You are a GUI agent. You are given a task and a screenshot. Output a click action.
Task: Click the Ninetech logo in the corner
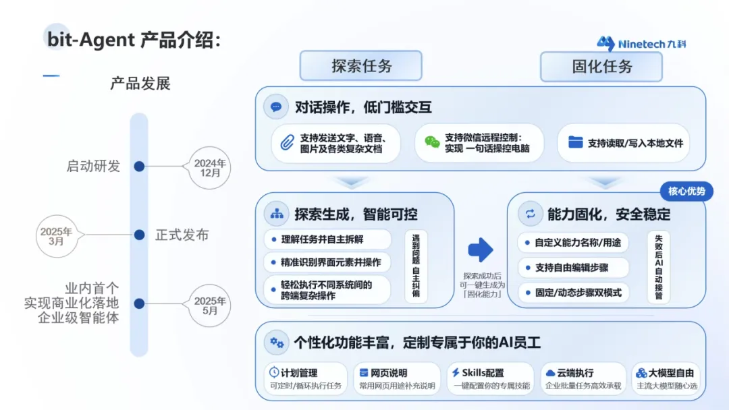641,44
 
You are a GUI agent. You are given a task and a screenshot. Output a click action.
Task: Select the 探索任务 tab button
361,66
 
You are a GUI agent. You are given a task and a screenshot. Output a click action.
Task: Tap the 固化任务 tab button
601,66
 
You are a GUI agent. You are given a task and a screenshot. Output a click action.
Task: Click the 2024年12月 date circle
210,167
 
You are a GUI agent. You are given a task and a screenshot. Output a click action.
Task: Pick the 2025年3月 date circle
56,235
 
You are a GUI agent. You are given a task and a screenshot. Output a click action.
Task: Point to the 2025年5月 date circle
210,305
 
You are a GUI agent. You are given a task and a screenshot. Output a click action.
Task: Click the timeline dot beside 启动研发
139,166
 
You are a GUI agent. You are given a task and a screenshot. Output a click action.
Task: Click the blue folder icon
575,142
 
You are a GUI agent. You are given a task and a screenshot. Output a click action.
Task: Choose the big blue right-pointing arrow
481,250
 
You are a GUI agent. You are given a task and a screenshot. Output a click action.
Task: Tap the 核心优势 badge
686,192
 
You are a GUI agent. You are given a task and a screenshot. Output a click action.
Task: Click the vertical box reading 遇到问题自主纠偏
416,267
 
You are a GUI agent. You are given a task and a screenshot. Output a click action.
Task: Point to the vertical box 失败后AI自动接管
659,267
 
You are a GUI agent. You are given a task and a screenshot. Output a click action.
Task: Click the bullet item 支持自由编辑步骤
572,268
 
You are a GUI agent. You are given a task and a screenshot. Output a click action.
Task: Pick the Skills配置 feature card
491,379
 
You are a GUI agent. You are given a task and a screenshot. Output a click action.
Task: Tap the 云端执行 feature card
584,379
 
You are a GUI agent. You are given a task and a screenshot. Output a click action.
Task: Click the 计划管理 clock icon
274,372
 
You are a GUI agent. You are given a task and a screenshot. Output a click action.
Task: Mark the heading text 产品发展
140,84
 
